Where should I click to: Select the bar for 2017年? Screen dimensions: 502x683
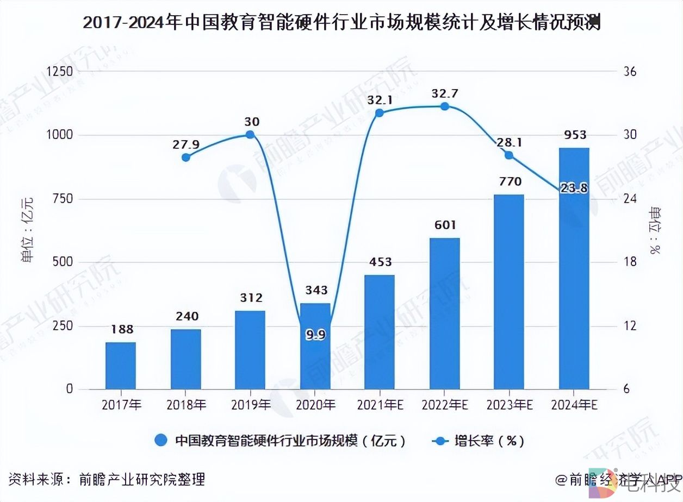coord(121,366)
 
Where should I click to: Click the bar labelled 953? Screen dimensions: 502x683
coord(574,268)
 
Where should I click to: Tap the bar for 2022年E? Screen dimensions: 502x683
coord(444,313)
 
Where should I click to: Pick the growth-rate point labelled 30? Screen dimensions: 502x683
coord(250,135)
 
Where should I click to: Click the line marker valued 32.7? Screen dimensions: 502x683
coord(444,106)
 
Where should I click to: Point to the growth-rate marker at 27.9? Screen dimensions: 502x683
coord(186,157)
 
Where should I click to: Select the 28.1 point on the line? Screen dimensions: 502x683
coord(509,155)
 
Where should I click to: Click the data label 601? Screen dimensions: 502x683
coord(444,225)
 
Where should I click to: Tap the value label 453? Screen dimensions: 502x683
coord(380,262)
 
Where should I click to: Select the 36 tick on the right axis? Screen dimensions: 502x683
coord(630,72)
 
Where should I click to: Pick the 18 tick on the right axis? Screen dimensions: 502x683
coord(630,262)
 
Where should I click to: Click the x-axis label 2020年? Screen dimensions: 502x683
coord(315,405)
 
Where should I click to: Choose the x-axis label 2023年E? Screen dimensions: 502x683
coord(509,405)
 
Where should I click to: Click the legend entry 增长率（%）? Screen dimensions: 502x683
coord(480,441)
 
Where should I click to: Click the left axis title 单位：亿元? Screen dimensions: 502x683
coord(27,231)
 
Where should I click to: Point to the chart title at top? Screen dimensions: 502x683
coord(341,23)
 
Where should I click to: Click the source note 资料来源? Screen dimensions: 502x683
coord(107,480)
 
